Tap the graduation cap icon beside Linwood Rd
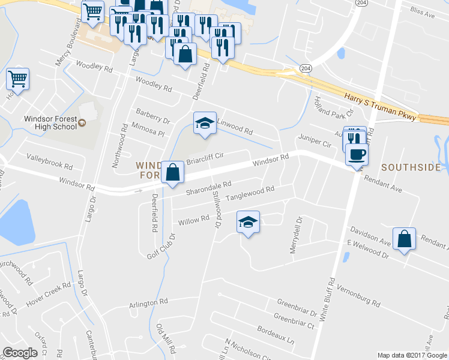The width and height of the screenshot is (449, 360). coord(205,123)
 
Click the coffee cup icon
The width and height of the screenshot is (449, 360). coord(357,154)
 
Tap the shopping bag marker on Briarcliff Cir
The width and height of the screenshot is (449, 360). coord(172,172)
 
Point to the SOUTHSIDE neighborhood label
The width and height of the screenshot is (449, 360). coord(411,167)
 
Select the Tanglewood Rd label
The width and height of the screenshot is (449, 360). coord(250,193)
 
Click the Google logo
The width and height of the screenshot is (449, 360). coord(20,353)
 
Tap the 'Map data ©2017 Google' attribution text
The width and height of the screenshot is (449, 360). coord(412,355)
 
